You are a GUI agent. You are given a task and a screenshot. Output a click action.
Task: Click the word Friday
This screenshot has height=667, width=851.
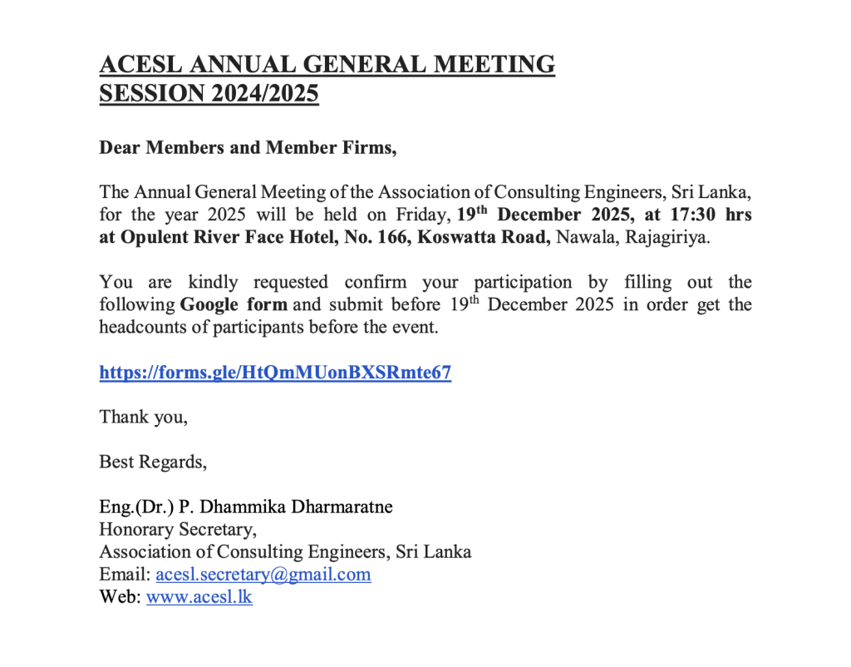(x=424, y=215)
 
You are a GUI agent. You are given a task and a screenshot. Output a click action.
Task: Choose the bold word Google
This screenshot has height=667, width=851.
(x=209, y=304)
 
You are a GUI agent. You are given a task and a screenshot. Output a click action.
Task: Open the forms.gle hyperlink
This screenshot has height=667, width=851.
(x=275, y=373)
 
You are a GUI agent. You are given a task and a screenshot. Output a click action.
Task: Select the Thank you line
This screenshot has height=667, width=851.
(x=143, y=417)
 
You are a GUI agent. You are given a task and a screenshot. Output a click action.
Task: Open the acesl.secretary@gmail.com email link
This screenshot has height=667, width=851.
(x=263, y=575)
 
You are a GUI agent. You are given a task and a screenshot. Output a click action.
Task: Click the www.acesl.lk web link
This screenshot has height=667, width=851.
(x=199, y=597)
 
